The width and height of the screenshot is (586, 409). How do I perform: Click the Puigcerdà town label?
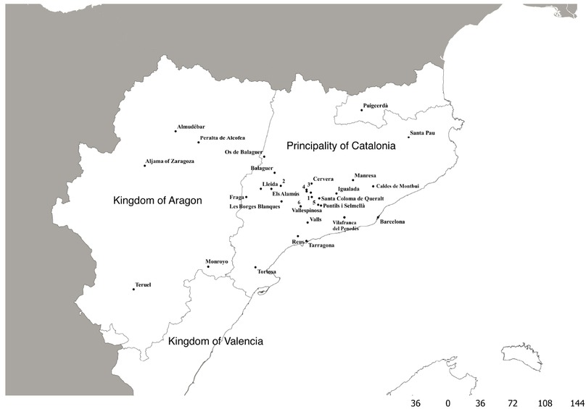point(376,106)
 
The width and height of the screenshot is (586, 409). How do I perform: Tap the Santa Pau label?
point(422,133)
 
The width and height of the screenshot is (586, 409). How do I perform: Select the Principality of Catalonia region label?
point(341,146)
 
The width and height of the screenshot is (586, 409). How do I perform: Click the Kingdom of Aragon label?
point(157,200)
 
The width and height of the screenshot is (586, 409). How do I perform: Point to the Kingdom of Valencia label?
point(215,341)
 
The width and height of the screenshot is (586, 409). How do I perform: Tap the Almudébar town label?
point(190,127)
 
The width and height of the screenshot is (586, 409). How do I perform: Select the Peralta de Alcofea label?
point(222,138)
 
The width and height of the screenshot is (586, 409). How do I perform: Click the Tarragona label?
point(321,245)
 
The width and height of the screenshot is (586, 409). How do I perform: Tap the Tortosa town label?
point(267,272)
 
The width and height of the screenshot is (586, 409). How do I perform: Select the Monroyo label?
point(217,261)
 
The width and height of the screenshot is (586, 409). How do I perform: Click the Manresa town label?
point(365,176)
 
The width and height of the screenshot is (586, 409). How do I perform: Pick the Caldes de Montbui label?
point(398,186)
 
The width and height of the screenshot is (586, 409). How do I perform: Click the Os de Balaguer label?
point(243,151)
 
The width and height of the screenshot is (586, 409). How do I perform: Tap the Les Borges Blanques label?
point(255,206)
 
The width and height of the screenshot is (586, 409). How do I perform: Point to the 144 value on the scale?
point(577,402)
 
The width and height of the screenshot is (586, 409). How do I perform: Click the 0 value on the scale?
point(447,402)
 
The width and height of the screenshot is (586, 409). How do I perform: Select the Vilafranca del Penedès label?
point(345,224)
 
